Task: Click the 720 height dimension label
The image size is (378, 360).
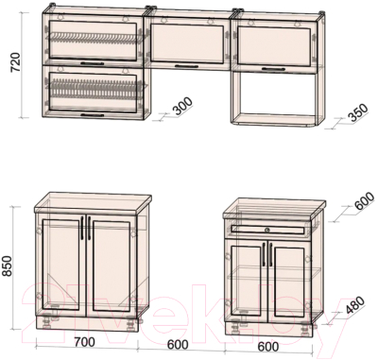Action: tap(15, 62)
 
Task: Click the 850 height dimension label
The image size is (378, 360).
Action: tap(7, 266)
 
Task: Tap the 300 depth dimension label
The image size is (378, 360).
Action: tap(182, 106)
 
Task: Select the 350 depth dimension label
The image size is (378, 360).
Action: tap(358, 112)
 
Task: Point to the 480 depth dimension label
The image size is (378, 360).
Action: tap(354, 305)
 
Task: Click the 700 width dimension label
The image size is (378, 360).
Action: tap(84, 342)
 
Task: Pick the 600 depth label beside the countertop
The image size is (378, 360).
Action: tap(365, 201)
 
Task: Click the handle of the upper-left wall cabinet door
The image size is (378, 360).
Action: tap(92, 63)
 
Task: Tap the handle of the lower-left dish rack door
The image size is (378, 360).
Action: tap(92, 115)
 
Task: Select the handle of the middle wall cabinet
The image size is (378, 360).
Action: tap(186, 66)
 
